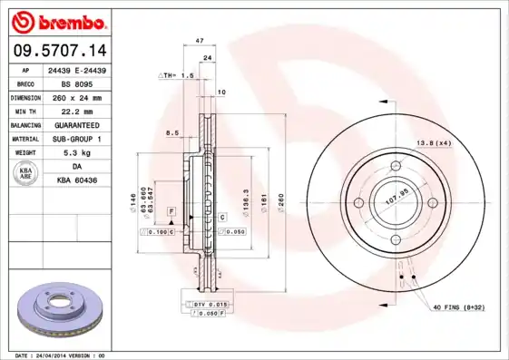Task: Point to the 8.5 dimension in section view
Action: point(171,133)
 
